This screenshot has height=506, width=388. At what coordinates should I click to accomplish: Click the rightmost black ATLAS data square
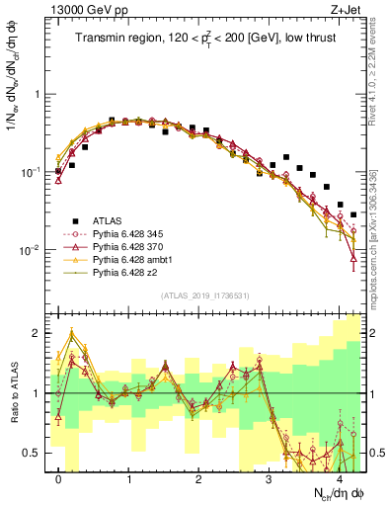(x=353, y=214)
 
